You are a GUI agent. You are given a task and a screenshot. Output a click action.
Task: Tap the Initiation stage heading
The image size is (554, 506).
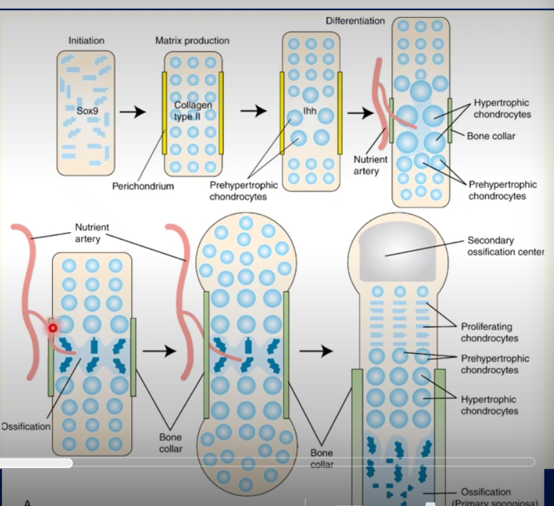point(87,41)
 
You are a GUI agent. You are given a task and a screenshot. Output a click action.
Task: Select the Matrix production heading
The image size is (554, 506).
point(192,41)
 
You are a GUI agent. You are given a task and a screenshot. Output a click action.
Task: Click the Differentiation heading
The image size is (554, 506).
point(355,21)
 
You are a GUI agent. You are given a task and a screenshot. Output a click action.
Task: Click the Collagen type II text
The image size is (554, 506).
point(193,111)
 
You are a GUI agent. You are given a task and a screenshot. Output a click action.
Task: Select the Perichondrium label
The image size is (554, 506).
point(143,186)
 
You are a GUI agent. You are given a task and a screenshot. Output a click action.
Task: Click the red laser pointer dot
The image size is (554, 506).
point(51,328)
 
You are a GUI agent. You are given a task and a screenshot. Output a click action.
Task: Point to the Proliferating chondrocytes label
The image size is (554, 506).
point(490,332)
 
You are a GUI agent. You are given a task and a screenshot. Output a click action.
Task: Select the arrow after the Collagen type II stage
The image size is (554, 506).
point(254,112)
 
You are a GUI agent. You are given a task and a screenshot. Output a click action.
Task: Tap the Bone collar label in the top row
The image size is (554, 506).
point(491,136)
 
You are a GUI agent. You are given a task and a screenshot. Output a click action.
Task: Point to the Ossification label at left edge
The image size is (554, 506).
point(25,426)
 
